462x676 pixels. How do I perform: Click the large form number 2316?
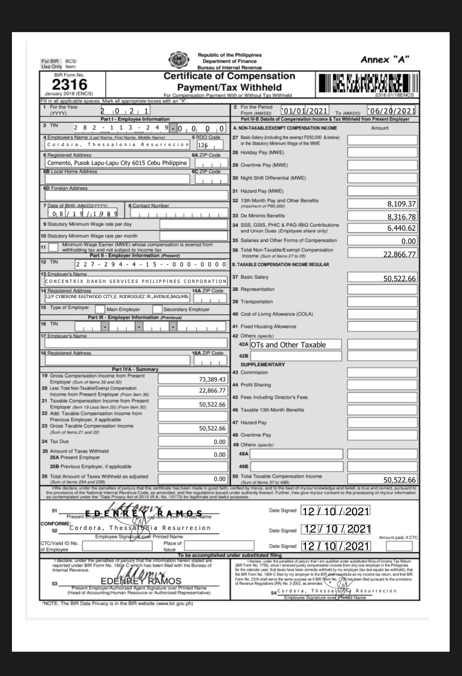(x=69, y=85)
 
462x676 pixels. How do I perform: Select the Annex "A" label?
(x=385, y=60)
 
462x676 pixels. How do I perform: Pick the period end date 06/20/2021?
(x=391, y=111)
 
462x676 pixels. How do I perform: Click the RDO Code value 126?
(x=203, y=145)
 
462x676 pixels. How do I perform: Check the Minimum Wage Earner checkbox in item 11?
(x=53, y=247)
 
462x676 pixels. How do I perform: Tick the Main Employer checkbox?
(x=100, y=309)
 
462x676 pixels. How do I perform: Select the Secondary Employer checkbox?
(x=157, y=309)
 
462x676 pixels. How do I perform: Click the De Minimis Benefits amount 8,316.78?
(x=401, y=217)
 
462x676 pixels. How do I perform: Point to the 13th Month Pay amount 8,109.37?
(x=401, y=204)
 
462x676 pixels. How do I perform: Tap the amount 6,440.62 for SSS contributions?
(x=401, y=228)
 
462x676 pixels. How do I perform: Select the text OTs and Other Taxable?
(x=288, y=345)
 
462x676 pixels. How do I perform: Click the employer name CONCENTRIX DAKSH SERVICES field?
(x=136, y=281)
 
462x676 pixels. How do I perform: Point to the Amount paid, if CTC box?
(x=399, y=546)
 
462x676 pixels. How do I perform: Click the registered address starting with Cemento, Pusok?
(x=117, y=163)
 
